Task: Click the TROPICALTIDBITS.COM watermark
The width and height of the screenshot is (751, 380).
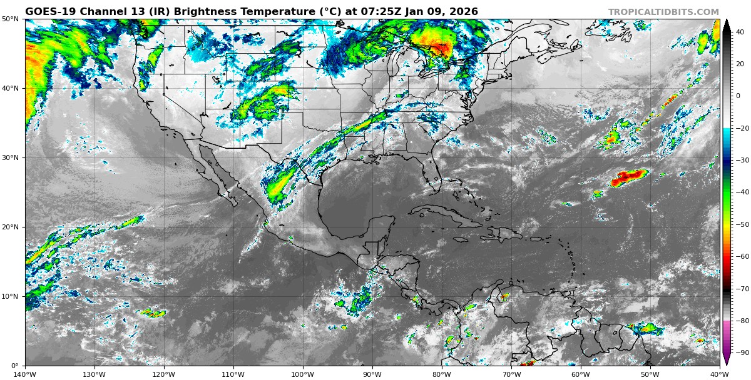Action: click(663, 12)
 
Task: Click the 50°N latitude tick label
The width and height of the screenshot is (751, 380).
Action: click(10, 19)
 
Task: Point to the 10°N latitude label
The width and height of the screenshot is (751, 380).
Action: click(10, 296)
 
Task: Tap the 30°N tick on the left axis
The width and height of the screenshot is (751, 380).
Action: click(10, 158)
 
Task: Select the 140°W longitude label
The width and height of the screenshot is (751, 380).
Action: click(26, 374)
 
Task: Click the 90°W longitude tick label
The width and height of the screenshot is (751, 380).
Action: click(372, 374)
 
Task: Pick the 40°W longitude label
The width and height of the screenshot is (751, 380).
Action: click(719, 374)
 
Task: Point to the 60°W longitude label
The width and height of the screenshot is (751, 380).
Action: click(581, 374)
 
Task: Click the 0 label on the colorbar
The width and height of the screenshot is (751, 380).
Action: click(738, 96)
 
